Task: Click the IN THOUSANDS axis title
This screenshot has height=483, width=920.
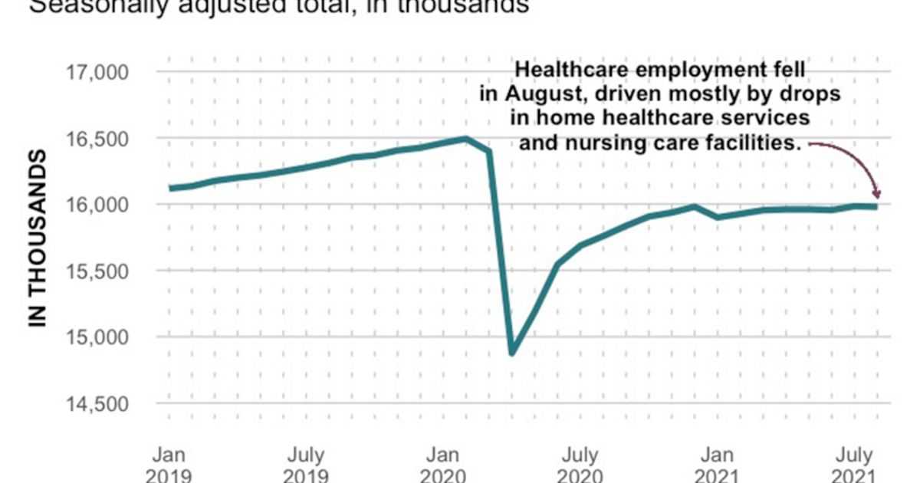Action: [x=38, y=238]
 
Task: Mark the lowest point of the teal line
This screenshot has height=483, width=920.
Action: [x=512, y=353]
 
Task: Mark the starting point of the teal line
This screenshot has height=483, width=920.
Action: [x=169, y=188]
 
